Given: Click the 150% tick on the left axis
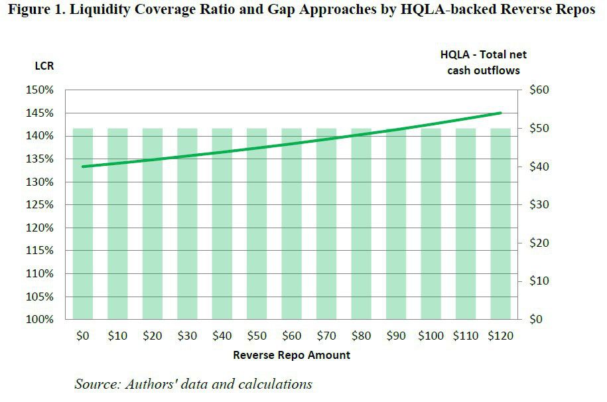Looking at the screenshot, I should tap(41, 90).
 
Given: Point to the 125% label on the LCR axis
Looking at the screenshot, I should tap(41, 205).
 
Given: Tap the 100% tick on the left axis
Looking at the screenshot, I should tap(41, 320).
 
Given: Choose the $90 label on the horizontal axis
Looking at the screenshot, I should tap(396, 336).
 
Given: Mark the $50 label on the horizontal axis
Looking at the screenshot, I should tap(257, 336).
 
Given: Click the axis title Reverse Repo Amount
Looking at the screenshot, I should tap(291, 355).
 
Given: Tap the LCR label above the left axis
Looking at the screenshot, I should tap(44, 66).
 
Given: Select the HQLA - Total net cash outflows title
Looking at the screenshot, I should tap(484, 62).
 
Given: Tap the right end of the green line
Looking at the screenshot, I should tap(500, 113).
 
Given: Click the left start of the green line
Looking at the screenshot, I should tap(83, 167).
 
